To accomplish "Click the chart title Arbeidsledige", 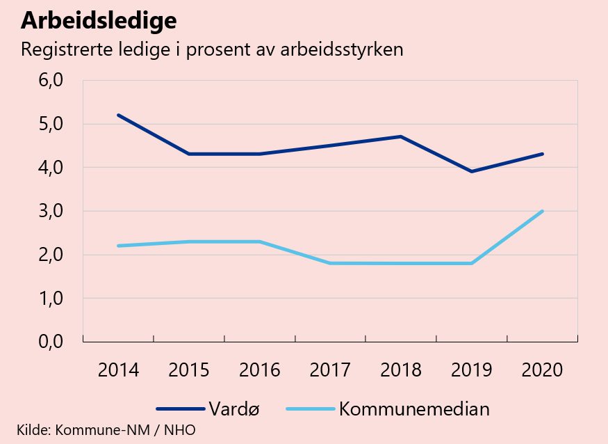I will pyautogui.click(x=98, y=22).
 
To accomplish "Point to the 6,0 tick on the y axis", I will pyautogui.click(x=49, y=81).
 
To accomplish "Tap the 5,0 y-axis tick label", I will pyautogui.click(x=49, y=124).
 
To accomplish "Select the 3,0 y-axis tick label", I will pyautogui.click(x=49, y=211).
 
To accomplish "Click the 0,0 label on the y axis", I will pyautogui.click(x=49, y=342).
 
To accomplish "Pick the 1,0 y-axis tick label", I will pyautogui.click(x=49, y=298).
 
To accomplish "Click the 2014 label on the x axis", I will pyautogui.click(x=118, y=370).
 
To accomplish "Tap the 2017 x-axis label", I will pyautogui.click(x=330, y=370).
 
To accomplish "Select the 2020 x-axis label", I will pyautogui.click(x=542, y=370).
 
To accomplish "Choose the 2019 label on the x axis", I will pyautogui.click(x=471, y=370).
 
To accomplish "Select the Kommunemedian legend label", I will pyautogui.click(x=414, y=409).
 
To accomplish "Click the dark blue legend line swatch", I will pyautogui.click(x=179, y=409).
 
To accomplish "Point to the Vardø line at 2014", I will pyautogui.click(x=118, y=115).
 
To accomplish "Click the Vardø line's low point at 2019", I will pyautogui.click(x=471, y=171).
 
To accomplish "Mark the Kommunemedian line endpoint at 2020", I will pyautogui.click(x=542, y=211).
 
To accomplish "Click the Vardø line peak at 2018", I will pyautogui.click(x=401, y=136).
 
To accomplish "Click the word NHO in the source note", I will pyautogui.click(x=179, y=429).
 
